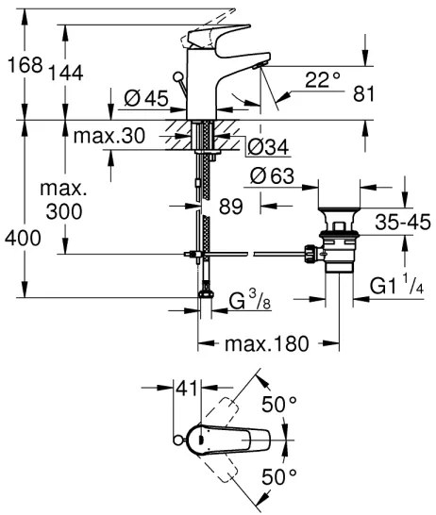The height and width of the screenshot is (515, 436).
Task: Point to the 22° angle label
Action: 323,80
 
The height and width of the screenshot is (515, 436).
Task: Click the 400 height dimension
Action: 21,238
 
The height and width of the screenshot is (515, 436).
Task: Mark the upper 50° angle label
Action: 278,403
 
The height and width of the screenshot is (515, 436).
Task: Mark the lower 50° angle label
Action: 279,475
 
